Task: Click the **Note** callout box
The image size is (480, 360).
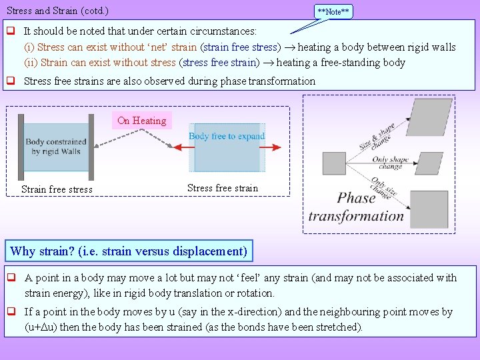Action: pyautogui.click(x=333, y=11)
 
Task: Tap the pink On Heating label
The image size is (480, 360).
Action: pyautogui.click(x=141, y=121)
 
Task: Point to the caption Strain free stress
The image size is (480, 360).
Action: pyautogui.click(x=57, y=189)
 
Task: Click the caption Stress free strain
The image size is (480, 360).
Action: pyautogui.click(x=223, y=188)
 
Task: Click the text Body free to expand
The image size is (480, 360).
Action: pyautogui.click(x=227, y=136)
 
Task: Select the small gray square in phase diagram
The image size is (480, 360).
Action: pyautogui.click(x=333, y=163)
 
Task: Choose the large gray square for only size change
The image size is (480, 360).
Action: pyautogui.click(x=429, y=209)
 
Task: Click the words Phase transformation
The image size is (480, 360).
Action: pyautogui.click(x=356, y=207)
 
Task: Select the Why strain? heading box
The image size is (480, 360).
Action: pyautogui.click(x=129, y=251)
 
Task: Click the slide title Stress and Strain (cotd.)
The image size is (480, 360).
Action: pyautogui.click(x=57, y=11)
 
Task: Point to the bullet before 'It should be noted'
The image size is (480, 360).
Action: pyautogui.click(x=11, y=31)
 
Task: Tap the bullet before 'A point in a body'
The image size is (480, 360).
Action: pyautogui.click(x=11, y=278)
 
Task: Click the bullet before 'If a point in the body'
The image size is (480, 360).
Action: pyautogui.click(x=11, y=311)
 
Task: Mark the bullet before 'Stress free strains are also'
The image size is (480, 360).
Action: pyautogui.click(x=11, y=81)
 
